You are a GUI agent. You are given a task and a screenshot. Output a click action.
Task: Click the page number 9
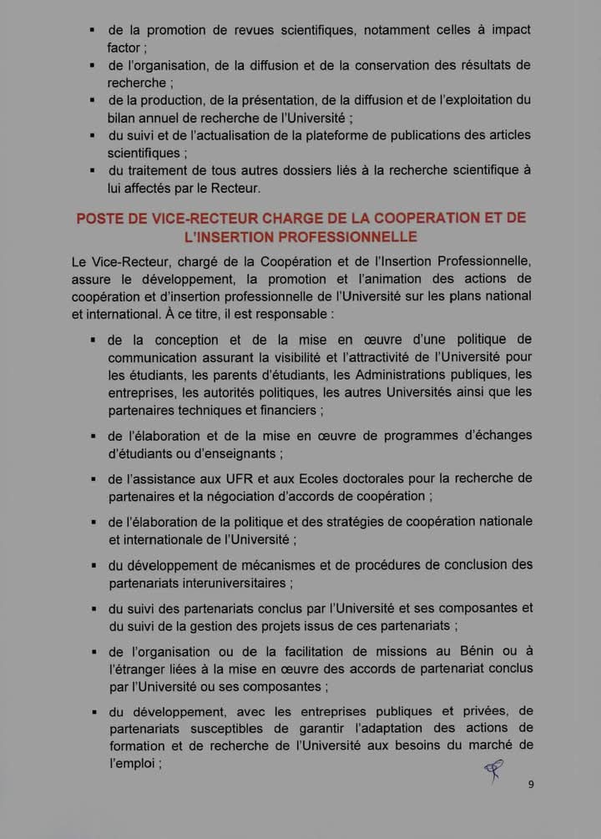coord(531,785)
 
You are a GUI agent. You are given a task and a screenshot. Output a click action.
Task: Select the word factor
coord(126,47)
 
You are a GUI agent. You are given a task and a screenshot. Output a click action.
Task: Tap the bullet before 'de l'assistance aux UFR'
coord(93,479)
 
